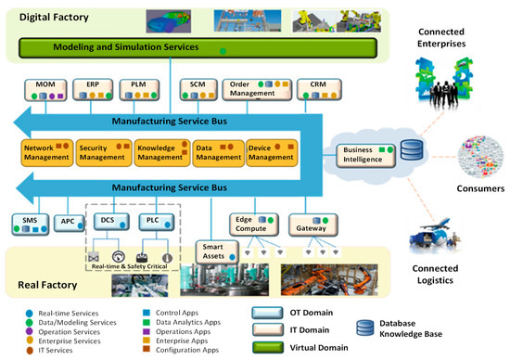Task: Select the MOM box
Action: (45, 89)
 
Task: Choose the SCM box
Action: (198, 89)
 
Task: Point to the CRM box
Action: (305, 89)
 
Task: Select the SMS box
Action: (32, 222)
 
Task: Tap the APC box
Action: (68, 223)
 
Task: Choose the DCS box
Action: (109, 220)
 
